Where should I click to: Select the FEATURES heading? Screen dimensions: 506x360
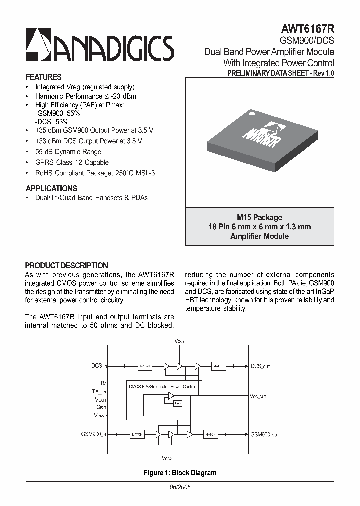43,77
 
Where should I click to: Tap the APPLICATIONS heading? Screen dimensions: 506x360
51,189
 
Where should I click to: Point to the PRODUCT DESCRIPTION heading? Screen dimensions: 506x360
66,266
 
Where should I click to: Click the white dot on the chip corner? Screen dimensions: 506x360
252,114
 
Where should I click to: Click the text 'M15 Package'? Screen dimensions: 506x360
259,217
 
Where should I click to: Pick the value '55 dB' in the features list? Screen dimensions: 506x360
43,152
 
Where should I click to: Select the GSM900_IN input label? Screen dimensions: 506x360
94,435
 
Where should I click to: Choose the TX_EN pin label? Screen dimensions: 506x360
99,393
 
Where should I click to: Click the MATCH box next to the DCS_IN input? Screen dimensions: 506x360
145,366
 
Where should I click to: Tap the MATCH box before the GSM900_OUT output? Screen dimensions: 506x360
210,435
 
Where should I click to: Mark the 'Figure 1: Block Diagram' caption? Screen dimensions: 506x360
180,473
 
